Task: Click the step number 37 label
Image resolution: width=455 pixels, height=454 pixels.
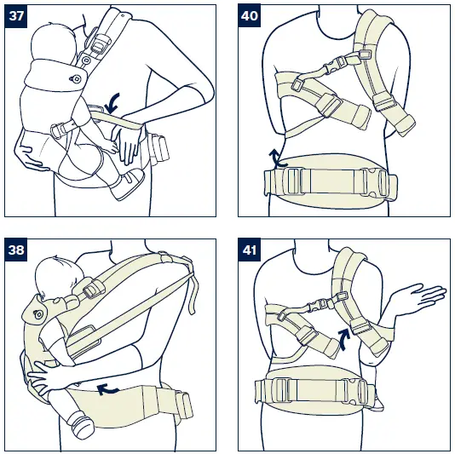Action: point(16,16)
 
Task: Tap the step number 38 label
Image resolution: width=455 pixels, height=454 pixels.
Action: point(16,250)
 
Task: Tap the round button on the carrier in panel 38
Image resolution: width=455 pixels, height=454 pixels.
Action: point(37,313)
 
